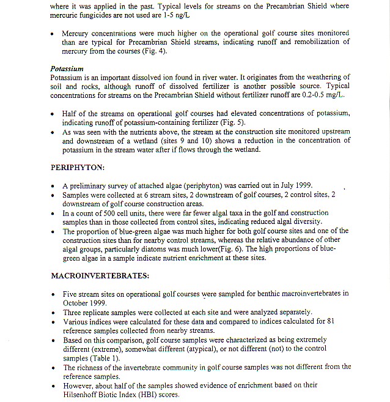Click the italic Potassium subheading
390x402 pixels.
67,69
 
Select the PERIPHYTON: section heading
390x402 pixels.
78,166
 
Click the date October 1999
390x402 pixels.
85,302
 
